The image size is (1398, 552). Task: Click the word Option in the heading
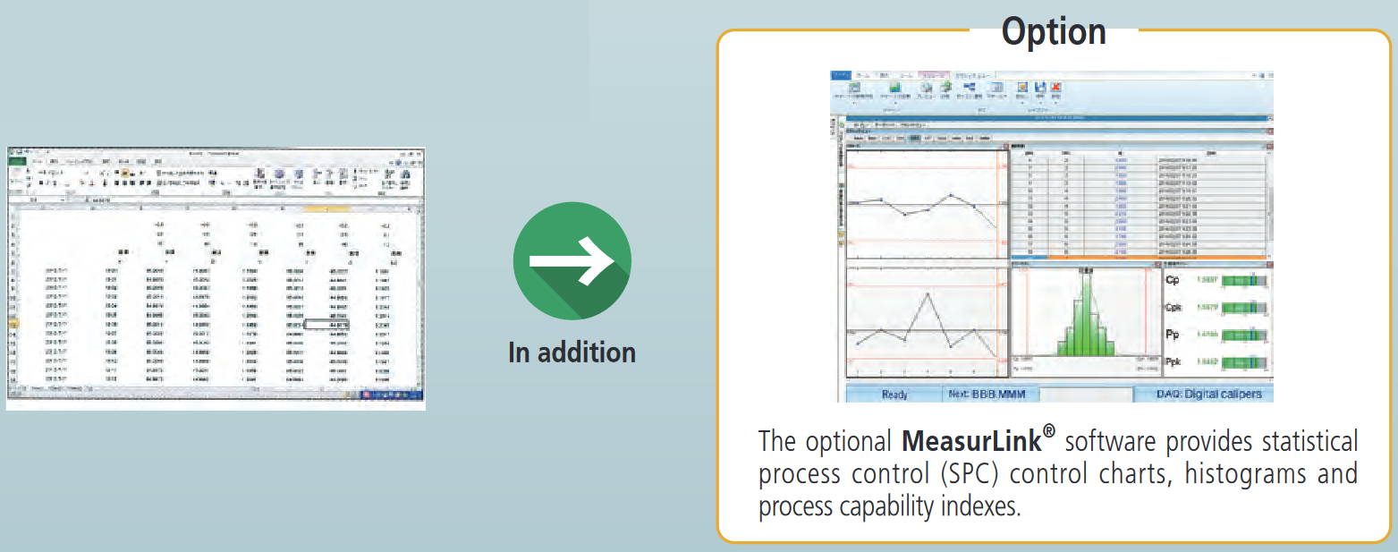coord(1053,32)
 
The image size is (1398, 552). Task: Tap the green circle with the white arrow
coord(572,261)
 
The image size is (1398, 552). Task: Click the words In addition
coord(572,352)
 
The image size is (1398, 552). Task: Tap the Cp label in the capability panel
coord(1175,280)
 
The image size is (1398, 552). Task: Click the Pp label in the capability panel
coord(1175,335)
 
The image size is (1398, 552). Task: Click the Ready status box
coord(894,394)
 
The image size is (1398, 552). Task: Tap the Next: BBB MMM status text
coord(990,394)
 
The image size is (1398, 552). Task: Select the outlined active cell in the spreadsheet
coord(326,325)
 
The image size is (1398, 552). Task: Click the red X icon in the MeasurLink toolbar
coord(1055,88)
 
